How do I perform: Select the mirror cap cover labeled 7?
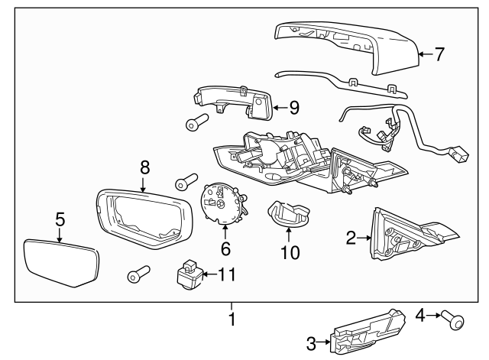tap(344, 46)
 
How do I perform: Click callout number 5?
tap(60, 220)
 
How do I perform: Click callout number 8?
tap(143, 166)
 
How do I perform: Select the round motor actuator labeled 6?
tap(222, 206)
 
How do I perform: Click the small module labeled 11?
tap(187, 274)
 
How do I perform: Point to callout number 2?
tap(351, 239)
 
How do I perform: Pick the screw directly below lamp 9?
tap(199, 122)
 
